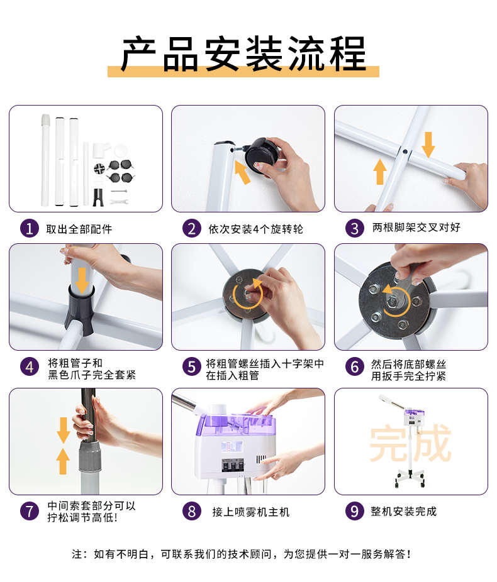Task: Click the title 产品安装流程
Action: [x=243, y=54]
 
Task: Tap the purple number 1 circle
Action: [x=30, y=228]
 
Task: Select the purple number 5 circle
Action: [x=192, y=366]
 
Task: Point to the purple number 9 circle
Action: [x=354, y=511]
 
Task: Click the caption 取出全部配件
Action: [x=79, y=229]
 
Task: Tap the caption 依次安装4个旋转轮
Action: [x=255, y=229]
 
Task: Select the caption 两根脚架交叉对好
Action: [x=416, y=227]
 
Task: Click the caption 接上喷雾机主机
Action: [x=251, y=512]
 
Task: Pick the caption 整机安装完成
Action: [x=403, y=512]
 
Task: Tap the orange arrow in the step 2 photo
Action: [x=242, y=172]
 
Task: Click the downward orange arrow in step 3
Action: [x=428, y=145]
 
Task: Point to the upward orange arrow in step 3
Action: [x=379, y=172]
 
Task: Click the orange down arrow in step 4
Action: [x=82, y=280]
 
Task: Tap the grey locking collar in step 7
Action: [x=90, y=456]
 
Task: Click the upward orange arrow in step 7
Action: [x=63, y=461]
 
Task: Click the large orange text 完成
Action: [x=410, y=443]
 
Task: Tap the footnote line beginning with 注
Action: [x=242, y=554]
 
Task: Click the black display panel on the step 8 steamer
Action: [x=233, y=464]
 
